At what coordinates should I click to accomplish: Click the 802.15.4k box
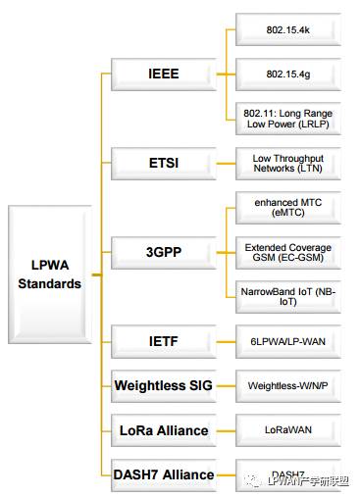(288, 29)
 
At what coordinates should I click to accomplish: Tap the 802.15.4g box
(288, 74)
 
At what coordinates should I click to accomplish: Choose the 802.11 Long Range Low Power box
(288, 119)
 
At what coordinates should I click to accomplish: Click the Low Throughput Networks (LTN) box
(288, 163)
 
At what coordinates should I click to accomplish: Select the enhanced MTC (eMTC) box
(288, 208)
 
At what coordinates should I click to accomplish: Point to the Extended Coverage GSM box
(288, 252)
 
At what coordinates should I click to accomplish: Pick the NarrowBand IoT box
(288, 296)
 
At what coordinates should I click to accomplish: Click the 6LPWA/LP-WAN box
(288, 341)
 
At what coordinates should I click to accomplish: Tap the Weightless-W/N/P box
(288, 385)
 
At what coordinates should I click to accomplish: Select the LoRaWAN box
(288, 429)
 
